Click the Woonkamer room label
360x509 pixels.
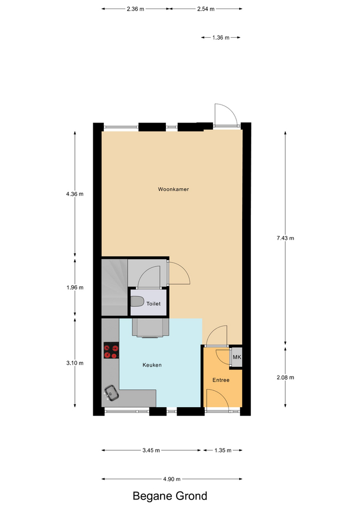coord(173,189)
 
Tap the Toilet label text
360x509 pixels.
coord(153,304)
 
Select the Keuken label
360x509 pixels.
coord(152,365)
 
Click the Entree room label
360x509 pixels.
coord(221,380)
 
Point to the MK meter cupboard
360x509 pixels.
coord(236,357)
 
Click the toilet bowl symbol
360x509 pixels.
coord(137,302)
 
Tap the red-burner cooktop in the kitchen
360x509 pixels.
coord(111,350)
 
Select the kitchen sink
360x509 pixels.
coord(111,393)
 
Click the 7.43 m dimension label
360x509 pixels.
coord(285,238)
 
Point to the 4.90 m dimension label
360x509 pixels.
coord(172,479)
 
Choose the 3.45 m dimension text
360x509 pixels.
coord(151,450)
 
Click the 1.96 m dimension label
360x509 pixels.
coord(75,287)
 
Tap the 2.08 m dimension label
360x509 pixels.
coord(285,377)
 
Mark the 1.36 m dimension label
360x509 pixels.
coord(221,38)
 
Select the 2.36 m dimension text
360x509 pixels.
coord(135,9)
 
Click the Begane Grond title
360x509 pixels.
coord(170,496)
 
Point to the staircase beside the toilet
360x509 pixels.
coord(115,287)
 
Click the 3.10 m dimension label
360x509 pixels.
coord(75,363)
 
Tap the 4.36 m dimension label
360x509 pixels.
coord(75,194)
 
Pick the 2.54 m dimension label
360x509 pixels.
coord(206,9)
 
